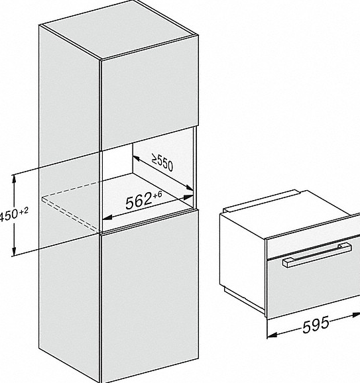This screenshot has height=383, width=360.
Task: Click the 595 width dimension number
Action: tap(316, 325)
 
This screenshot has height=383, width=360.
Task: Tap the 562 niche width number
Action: tap(139, 201)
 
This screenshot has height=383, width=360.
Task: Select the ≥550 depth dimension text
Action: tap(162, 162)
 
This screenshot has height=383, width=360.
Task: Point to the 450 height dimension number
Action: tap(9, 215)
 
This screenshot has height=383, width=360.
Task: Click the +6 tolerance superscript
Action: tap(157, 195)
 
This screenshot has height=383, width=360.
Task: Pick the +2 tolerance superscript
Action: tap(23, 211)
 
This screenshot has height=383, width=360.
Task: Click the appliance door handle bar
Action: tap(317, 254)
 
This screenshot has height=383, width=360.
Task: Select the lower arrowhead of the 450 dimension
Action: tap(15, 251)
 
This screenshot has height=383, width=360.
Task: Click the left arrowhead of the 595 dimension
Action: tap(272, 335)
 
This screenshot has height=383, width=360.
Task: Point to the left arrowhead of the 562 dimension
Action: tap(107, 217)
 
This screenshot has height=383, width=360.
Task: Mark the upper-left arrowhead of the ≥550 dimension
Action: tap(136, 158)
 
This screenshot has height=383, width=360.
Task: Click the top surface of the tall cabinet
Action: tap(119, 29)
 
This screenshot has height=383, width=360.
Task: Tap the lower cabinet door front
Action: tap(150, 296)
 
